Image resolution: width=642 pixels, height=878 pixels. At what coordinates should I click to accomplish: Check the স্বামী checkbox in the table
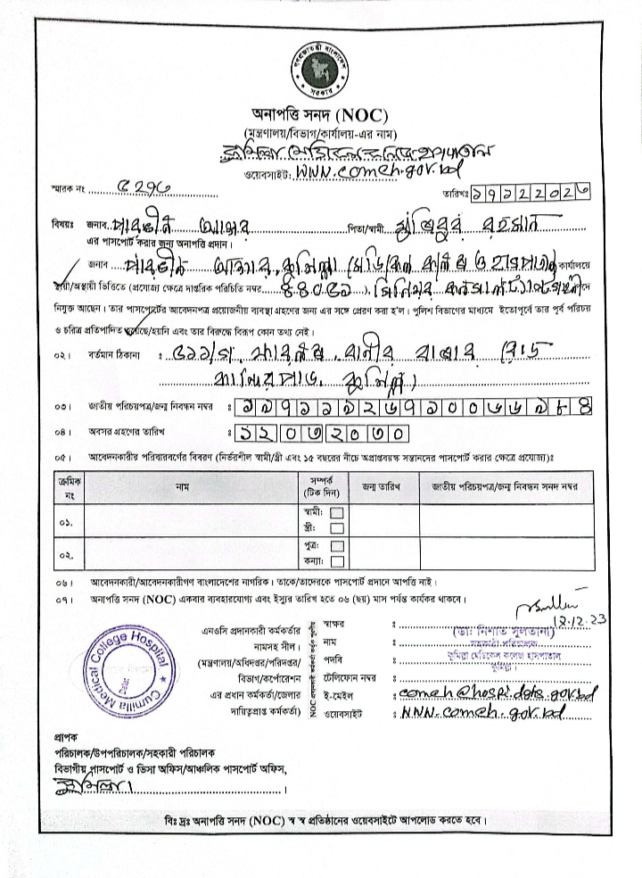[337, 513]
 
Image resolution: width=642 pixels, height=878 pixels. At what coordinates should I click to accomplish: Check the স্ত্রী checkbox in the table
[337, 528]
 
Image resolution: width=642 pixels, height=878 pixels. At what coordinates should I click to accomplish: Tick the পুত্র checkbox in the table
[337, 545]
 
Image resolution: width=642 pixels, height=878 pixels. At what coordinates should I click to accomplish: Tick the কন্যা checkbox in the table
[337, 560]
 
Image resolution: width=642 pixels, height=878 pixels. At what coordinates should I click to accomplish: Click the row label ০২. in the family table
[67, 553]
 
